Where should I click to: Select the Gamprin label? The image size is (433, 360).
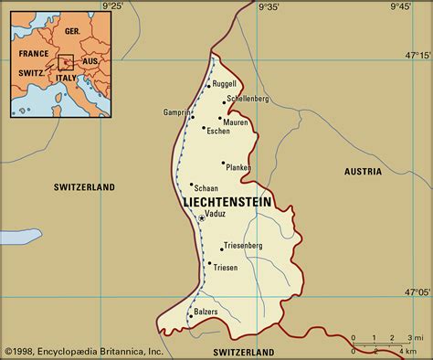pyautogui.click(x=177, y=112)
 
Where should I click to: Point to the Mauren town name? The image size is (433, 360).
pyautogui.click(x=236, y=122)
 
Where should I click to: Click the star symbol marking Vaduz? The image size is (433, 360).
pyautogui.click(x=201, y=218)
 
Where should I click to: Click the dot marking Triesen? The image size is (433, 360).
pyautogui.click(x=210, y=265)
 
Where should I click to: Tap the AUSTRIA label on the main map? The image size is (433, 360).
pyautogui.click(x=363, y=172)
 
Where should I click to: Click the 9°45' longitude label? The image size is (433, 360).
pyautogui.click(x=399, y=7)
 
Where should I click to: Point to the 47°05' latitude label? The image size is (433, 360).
pyautogui.click(x=417, y=293)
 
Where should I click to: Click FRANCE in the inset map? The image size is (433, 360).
pyautogui.click(x=34, y=54)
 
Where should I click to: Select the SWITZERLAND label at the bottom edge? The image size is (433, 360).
pyautogui.click(x=243, y=352)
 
